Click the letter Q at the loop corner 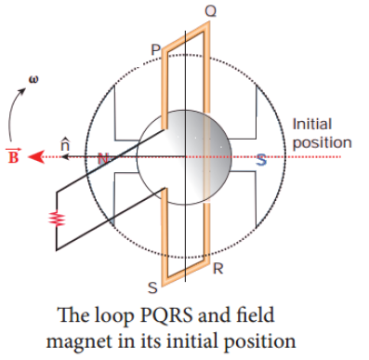point(211,11)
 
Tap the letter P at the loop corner point(156,49)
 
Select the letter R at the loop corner point(218,269)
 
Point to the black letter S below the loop point(152,287)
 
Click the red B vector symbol point(13,156)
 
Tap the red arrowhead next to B point(35,157)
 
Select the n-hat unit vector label point(65,143)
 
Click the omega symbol point(33,79)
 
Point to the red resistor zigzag point(57,218)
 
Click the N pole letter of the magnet point(103,159)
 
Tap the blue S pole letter point(261,160)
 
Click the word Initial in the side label point(312,125)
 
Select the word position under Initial point(323,143)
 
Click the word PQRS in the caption point(166,315)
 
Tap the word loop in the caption point(113,316)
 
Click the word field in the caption point(255,315)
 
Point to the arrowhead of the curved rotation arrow point(22,91)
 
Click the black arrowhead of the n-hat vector point(65,157)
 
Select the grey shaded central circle point(184,157)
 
